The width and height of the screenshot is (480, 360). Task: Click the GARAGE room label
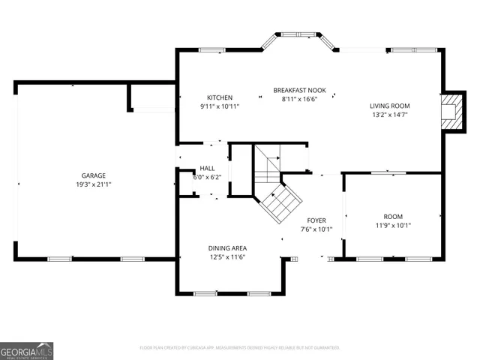click(x=94, y=175)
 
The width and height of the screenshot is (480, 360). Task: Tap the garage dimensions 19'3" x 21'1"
click(x=94, y=184)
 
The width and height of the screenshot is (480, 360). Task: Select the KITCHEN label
click(x=220, y=97)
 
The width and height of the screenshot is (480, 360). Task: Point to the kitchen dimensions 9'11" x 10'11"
click(x=220, y=106)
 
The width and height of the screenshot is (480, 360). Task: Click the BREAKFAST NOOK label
click(x=300, y=90)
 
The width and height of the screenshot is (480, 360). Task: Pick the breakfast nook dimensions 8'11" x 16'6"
click(x=300, y=99)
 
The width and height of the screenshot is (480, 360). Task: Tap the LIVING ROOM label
click(x=389, y=106)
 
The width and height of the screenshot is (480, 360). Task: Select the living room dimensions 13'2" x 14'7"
click(x=389, y=115)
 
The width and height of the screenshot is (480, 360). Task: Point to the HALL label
click(x=208, y=169)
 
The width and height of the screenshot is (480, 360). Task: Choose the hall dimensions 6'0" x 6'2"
click(x=208, y=178)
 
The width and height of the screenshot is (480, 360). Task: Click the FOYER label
click(x=316, y=220)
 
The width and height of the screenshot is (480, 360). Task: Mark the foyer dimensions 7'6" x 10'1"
click(x=316, y=229)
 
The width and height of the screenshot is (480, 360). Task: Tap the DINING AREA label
click(x=228, y=247)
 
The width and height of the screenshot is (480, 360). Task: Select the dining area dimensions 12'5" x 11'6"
click(x=228, y=256)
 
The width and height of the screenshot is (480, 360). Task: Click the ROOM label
click(x=393, y=215)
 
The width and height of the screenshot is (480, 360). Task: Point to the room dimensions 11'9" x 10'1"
click(x=393, y=224)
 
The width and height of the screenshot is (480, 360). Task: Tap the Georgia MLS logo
click(x=27, y=351)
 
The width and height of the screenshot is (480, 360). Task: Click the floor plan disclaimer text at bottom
click(x=240, y=347)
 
